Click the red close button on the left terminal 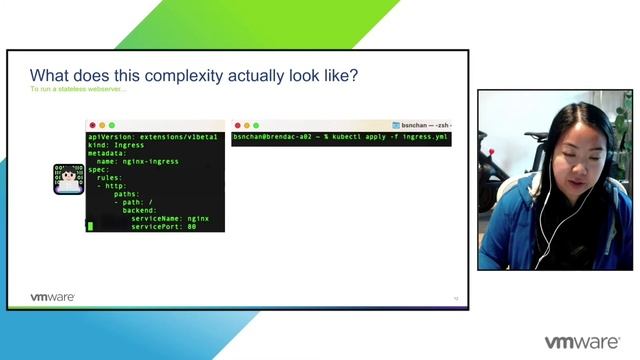92,125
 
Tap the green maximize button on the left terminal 112,125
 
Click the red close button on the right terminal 238,125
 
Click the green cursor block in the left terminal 90,227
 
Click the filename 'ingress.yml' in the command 425,136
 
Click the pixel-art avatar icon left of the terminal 68,178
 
